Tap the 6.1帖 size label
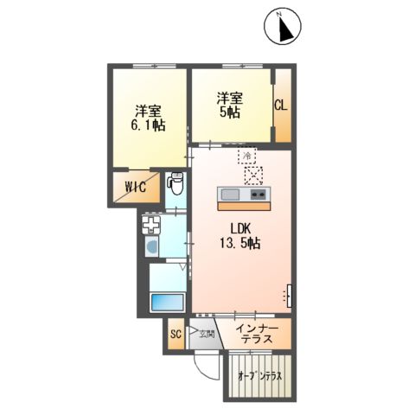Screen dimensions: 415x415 pos(150,125)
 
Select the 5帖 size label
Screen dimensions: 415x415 pos(229,113)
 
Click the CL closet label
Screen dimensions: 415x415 pos(282,105)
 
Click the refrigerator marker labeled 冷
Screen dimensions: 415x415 pos(246,156)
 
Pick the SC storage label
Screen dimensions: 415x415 pos(174,334)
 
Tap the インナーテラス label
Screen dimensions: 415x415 pos(257,334)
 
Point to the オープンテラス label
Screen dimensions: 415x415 pos(260,376)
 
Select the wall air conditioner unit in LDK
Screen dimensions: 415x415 pos(289,295)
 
